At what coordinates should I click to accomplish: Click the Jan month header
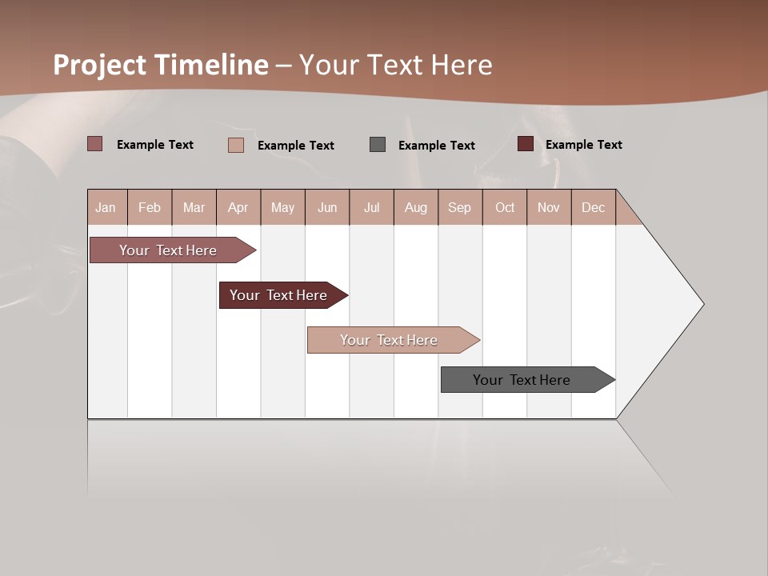click(x=106, y=207)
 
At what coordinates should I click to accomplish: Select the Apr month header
click(x=238, y=207)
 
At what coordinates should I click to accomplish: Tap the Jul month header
click(x=371, y=207)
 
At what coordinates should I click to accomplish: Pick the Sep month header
click(x=459, y=207)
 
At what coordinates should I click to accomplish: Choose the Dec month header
click(x=593, y=207)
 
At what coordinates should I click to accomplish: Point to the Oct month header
click(x=505, y=207)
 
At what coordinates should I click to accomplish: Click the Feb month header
click(x=150, y=207)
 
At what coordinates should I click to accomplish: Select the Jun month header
click(x=327, y=207)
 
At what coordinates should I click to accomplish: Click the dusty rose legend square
click(x=95, y=144)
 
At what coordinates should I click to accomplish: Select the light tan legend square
click(x=236, y=145)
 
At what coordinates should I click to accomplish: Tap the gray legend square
click(x=378, y=144)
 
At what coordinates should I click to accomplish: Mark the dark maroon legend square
click(x=526, y=144)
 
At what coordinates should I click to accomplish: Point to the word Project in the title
click(x=100, y=65)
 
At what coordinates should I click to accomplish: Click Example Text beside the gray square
click(x=436, y=145)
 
